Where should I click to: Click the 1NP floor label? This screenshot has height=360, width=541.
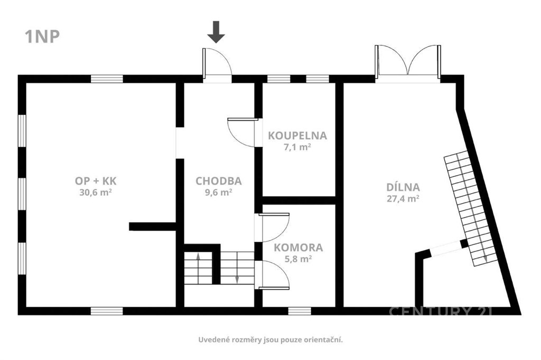click(x=42, y=36)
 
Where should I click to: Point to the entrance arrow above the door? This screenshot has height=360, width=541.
click(x=216, y=32)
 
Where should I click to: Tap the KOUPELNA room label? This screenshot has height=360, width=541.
click(x=297, y=136)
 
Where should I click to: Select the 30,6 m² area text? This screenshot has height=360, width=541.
click(x=95, y=193)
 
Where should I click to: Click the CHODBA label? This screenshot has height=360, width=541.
click(x=218, y=181)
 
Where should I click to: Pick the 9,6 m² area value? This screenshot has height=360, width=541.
click(x=218, y=193)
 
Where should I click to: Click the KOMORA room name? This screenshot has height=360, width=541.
click(x=299, y=248)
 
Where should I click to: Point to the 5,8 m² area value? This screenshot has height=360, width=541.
click(x=299, y=259)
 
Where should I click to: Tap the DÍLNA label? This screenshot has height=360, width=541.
click(x=403, y=187)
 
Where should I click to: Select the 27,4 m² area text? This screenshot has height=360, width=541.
click(x=403, y=198)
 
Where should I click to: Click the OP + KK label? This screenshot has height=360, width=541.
click(x=96, y=181)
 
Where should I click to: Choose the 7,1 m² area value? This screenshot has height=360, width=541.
click(x=297, y=147)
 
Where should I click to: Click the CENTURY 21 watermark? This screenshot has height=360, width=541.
click(x=441, y=311)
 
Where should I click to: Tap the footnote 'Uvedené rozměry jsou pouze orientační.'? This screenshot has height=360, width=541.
click(x=270, y=340)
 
